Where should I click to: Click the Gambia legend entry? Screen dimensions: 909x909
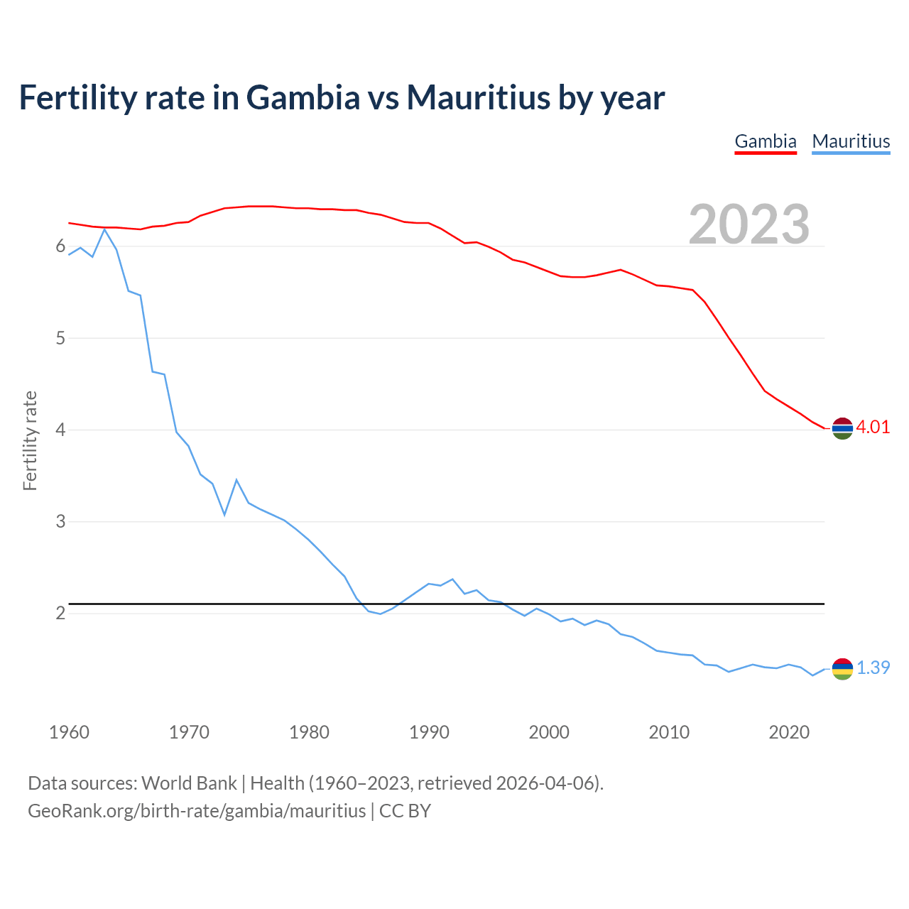coord(765,141)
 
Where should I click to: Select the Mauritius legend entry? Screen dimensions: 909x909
coord(851,141)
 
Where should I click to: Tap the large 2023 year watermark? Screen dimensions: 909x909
coord(749,224)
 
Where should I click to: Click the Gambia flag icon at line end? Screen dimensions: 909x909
coord(842,428)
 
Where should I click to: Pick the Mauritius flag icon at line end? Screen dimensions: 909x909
coord(842,668)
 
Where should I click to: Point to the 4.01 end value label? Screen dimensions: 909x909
coord(873,427)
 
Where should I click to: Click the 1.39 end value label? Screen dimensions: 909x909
coord(873,668)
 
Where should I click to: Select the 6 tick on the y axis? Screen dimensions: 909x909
coord(60,246)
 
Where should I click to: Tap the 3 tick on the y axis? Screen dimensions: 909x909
coord(60,521)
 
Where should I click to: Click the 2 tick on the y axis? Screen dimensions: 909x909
coord(60,613)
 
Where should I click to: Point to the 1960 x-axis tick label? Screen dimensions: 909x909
coord(69,732)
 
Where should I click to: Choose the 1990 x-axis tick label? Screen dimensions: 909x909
coord(429,732)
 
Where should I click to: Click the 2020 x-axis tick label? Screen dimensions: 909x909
coord(789,732)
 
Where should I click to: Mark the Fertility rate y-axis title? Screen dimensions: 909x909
coord(30,440)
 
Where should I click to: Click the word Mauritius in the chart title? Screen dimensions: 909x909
coord(478,97)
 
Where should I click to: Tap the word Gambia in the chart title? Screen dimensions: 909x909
coord(303,97)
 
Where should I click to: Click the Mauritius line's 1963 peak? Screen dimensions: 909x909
coord(104,229)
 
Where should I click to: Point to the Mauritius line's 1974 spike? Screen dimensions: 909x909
coord(236,480)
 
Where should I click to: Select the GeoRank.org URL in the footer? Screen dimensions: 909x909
coord(197,811)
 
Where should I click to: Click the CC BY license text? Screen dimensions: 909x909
coord(405,811)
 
